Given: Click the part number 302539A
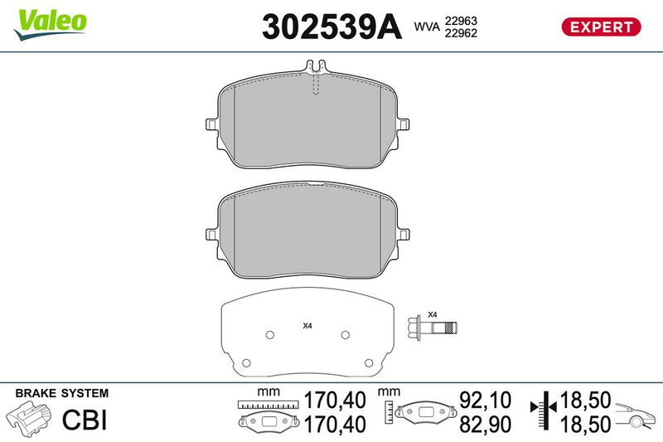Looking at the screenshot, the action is [331, 27].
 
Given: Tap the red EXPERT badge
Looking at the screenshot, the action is [601, 27].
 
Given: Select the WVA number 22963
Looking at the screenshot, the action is [461, 21].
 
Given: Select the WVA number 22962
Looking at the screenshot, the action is [461, 33].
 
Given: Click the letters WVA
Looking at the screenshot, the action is [427, 27].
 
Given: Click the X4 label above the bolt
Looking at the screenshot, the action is [432, 314].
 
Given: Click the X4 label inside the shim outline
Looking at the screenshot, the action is [307, 326].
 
